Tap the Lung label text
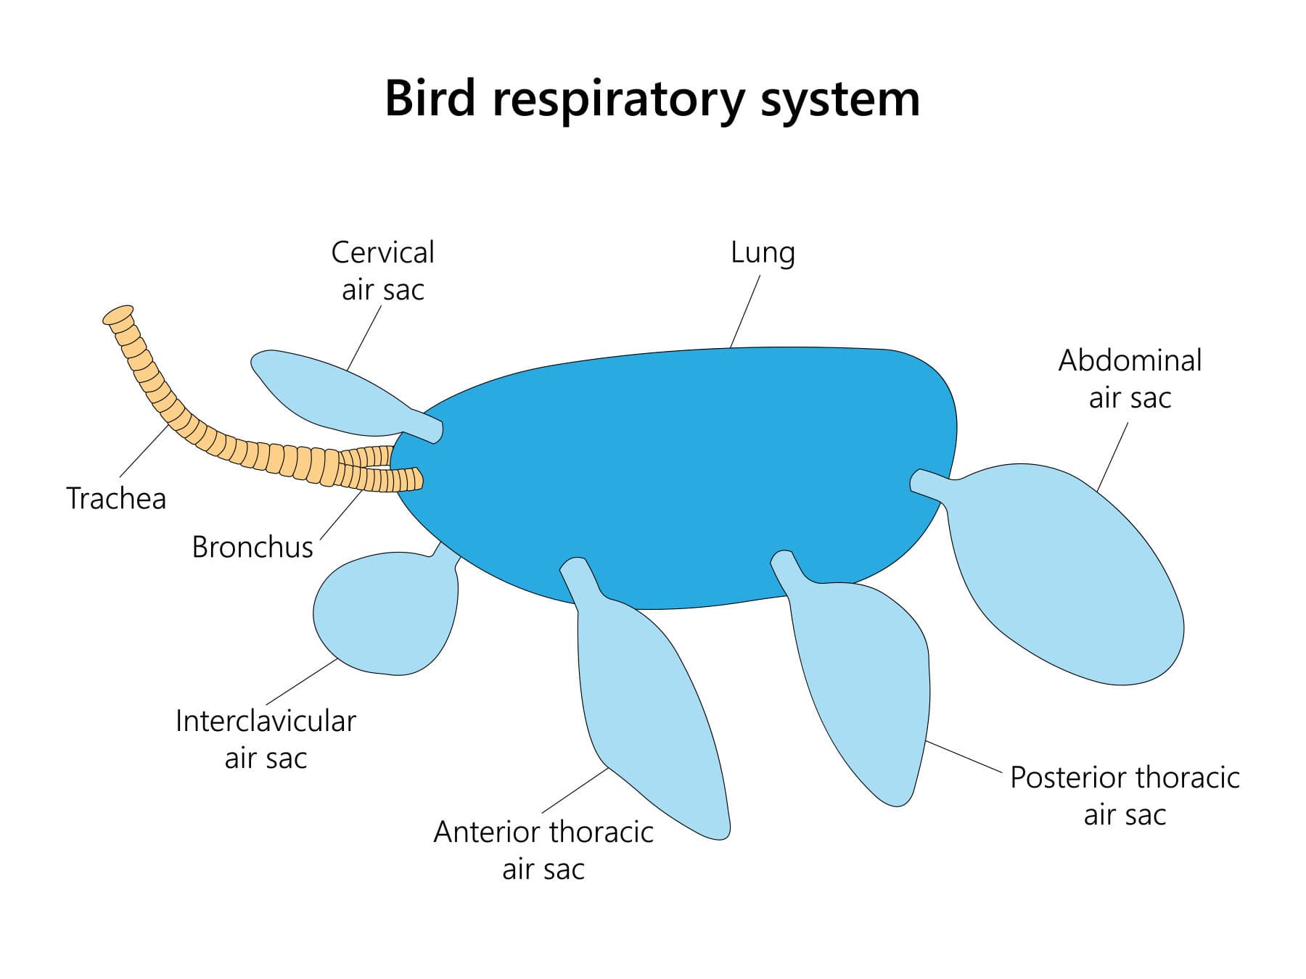763,253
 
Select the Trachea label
116,499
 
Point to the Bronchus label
252,547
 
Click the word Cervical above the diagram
382,252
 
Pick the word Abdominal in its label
1130,360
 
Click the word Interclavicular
266,722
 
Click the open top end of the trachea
118,315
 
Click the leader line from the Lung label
745,312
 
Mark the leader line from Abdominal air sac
1112,457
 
